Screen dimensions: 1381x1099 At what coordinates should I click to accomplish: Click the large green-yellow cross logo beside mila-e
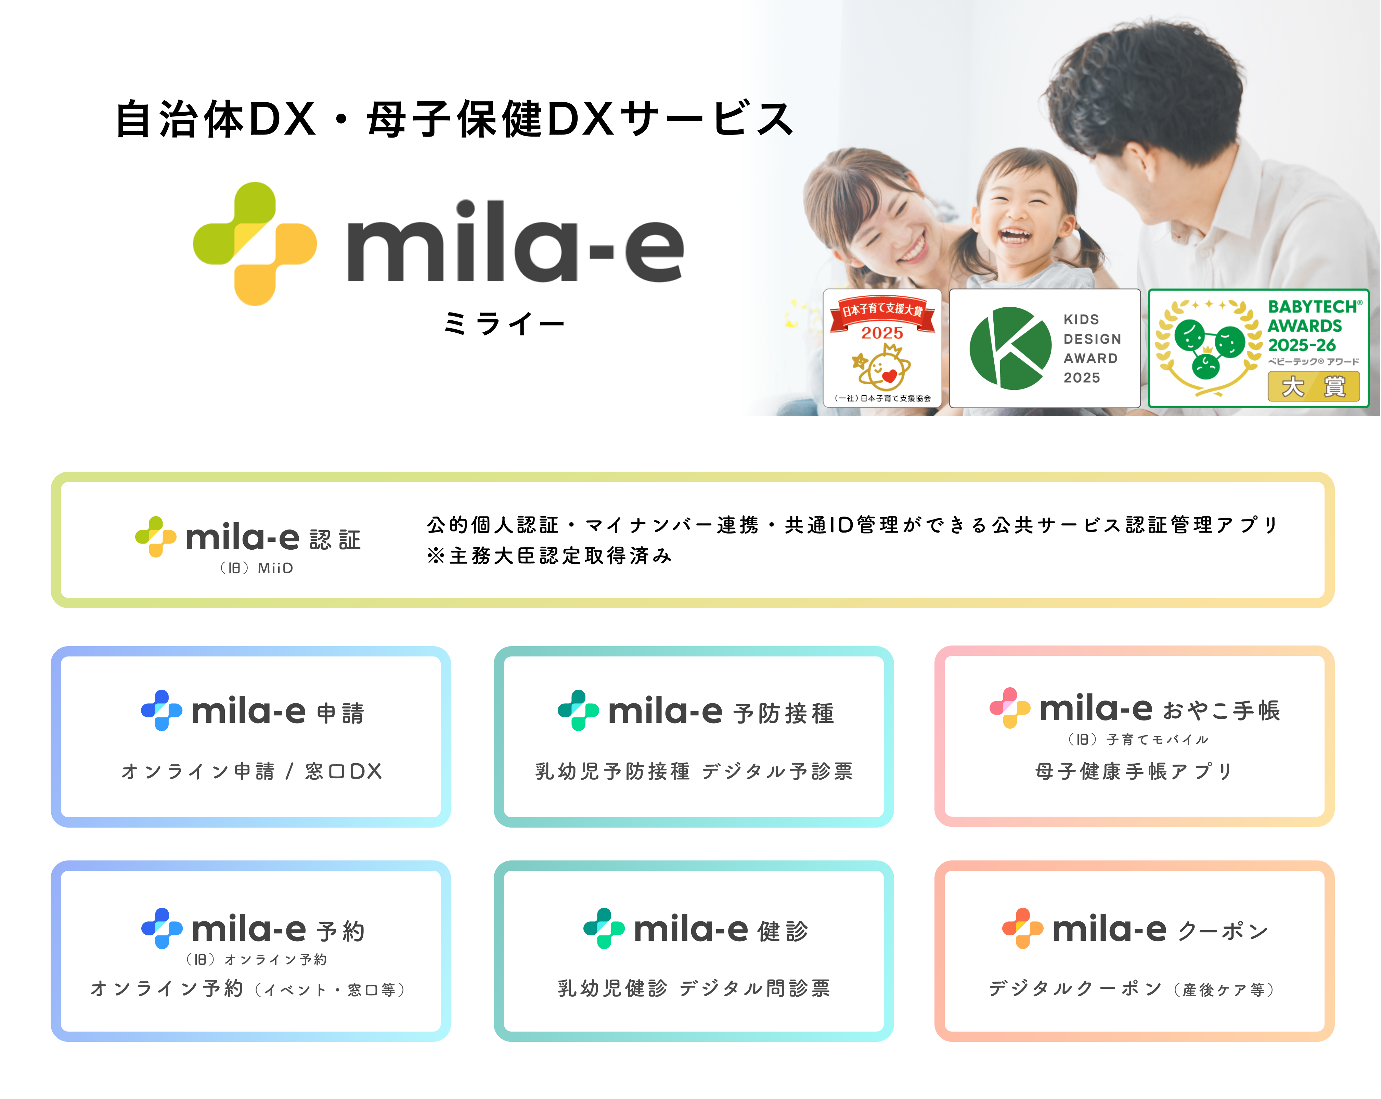click(x=255, y=243)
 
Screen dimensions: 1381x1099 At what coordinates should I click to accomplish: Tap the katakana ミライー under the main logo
click(x=504, y=324)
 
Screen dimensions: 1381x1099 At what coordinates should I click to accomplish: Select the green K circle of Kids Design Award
click(x=1010, y=348)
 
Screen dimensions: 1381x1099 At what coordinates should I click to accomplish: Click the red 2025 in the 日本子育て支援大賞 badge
click(x=882, y=333)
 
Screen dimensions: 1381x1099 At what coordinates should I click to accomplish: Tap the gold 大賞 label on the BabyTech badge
click(x=1314, y=386)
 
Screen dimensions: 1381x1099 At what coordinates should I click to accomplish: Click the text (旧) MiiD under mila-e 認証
click(x=256, y=568)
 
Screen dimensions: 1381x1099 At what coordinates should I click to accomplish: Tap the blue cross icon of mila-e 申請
click(x=162, y=710)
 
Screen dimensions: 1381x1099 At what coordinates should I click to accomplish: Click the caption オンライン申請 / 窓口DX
click(x=252, y=771)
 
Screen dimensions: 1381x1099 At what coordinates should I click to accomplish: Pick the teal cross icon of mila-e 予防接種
click(x=578, y=710)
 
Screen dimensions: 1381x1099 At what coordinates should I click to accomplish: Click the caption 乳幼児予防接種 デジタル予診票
click(x=694, y=771)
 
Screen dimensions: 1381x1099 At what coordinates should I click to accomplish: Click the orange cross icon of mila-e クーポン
click(x=1023, y=928)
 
